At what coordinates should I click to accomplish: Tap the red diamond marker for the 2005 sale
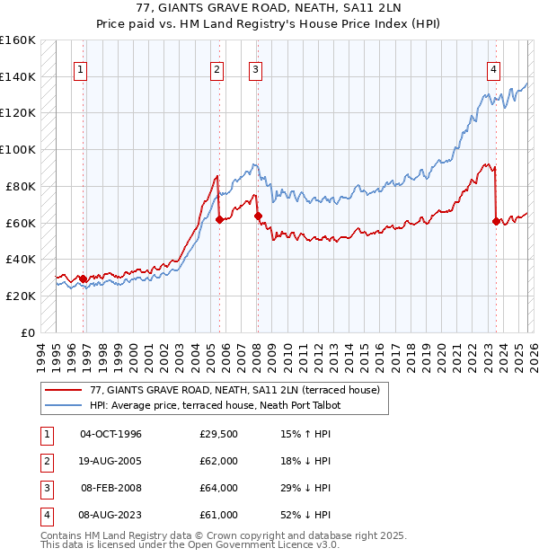(219, 218)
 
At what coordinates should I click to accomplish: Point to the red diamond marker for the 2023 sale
(495, 220)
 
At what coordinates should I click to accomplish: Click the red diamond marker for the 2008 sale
(257, 215)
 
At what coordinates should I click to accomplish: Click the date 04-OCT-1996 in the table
(111, 434)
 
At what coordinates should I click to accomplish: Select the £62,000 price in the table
(219, 461)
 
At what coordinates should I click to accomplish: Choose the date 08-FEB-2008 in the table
(111, 488)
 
